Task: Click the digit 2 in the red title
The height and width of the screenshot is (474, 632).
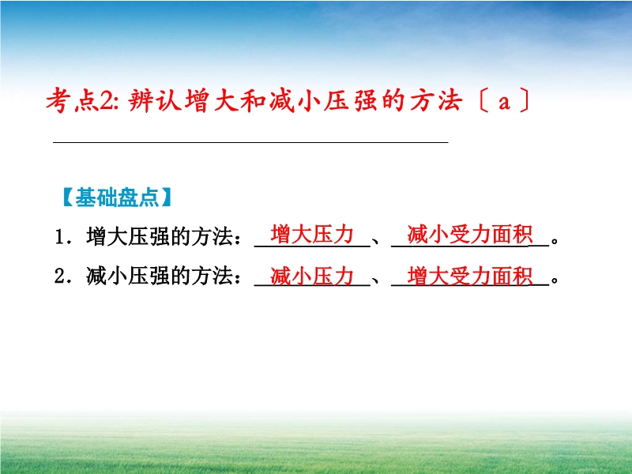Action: coord(107,101)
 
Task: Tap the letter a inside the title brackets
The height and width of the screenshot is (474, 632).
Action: coord(504,103)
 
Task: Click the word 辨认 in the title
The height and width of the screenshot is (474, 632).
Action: coord(155,100)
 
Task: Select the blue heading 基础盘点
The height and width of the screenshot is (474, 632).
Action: coord(117,197)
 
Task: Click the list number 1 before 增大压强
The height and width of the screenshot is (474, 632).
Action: coord(60,237)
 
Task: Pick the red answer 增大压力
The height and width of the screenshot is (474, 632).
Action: coord(312,234)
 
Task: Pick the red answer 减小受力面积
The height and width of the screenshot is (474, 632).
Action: coord(470,234)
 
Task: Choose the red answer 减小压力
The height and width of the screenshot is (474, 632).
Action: coord(312,276)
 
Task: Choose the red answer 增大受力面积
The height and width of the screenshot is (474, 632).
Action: coord(470,276)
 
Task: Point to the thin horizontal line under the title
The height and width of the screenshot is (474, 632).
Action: coord(250,142)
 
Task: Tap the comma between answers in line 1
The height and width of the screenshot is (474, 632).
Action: coord(376,241)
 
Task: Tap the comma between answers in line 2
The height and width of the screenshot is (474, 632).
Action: coord(376,281)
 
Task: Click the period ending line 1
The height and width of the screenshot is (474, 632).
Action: coord(555,241)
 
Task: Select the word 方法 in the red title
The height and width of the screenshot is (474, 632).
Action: coord(436,100)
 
